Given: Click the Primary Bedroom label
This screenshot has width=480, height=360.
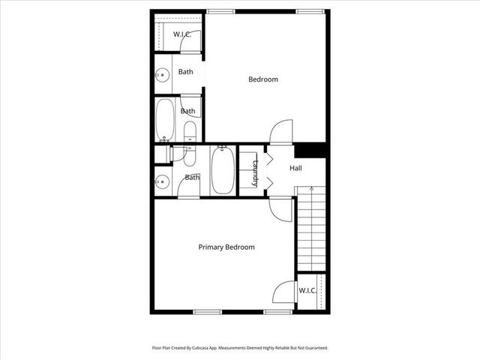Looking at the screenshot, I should coord(226,247).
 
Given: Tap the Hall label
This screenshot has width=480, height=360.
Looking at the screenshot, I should coord(295,168).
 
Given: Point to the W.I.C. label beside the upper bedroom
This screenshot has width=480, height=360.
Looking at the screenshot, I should coord(182,34).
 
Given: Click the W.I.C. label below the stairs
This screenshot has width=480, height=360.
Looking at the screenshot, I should coord(307,290).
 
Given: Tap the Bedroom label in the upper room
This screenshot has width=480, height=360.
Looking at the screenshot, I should coord(263,79).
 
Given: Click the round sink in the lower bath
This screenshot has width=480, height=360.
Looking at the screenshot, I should coord(160,181).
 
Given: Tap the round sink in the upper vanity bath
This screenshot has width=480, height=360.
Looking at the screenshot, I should coord(160,74).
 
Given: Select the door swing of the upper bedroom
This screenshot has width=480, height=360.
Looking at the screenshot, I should coord(279,130).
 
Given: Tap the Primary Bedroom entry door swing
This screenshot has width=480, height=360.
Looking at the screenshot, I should coord(278,208).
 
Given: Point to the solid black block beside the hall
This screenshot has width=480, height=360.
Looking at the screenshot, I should coord(310,150).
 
